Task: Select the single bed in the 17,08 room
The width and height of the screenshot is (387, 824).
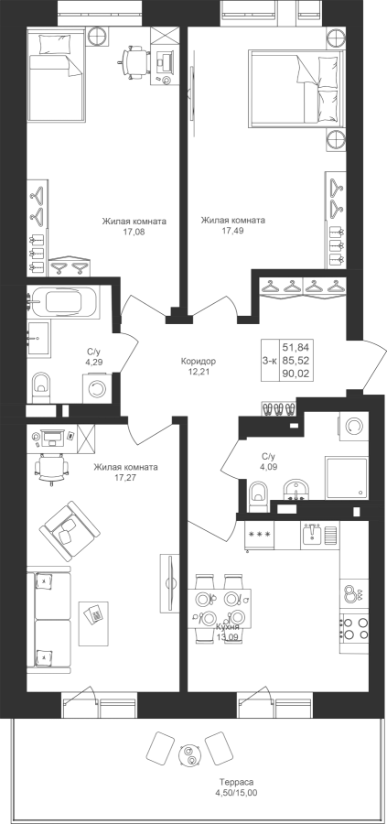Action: click(55, 74)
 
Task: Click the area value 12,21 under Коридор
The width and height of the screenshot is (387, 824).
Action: click(199, 372)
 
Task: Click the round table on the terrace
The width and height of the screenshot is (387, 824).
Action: click(188, 754)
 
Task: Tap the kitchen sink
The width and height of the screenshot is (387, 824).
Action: click(320, 535)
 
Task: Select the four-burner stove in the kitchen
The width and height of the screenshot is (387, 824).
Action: click(354, 627)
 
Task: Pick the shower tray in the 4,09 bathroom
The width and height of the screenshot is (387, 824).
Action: click(346, 478)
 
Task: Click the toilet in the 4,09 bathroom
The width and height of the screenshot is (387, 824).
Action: click(258, 495)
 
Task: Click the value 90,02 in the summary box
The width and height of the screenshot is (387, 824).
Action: click(296, 374)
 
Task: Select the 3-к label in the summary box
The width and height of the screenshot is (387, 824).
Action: click(270, 360)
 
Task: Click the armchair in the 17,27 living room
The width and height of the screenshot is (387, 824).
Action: click(69, 531)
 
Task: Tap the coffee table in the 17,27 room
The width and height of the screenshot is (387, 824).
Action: click(94, 623)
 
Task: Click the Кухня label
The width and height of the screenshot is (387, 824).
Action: click(228, 627)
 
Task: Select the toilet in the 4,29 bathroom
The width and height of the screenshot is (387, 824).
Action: click(41, 388)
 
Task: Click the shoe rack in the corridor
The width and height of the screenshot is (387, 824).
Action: click(279, 409)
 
